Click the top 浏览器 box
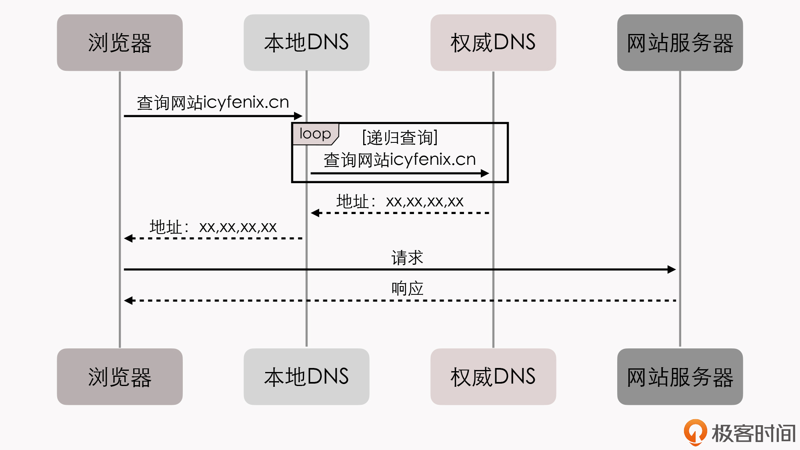120,43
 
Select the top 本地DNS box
306,43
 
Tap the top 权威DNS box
493,43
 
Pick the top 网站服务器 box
680,43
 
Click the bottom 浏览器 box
120,377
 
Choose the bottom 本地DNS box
306,377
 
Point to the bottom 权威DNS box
493,377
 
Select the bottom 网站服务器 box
680,377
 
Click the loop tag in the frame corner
315,134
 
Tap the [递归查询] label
400,138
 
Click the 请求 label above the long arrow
407,258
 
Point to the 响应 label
407,288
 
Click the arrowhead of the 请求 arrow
672,270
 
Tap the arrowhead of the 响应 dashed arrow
128,300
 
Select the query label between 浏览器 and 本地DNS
213,103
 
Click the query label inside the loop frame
400,160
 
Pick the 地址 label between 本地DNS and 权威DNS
400,202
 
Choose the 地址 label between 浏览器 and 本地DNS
213,227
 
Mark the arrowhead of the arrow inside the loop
485,173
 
